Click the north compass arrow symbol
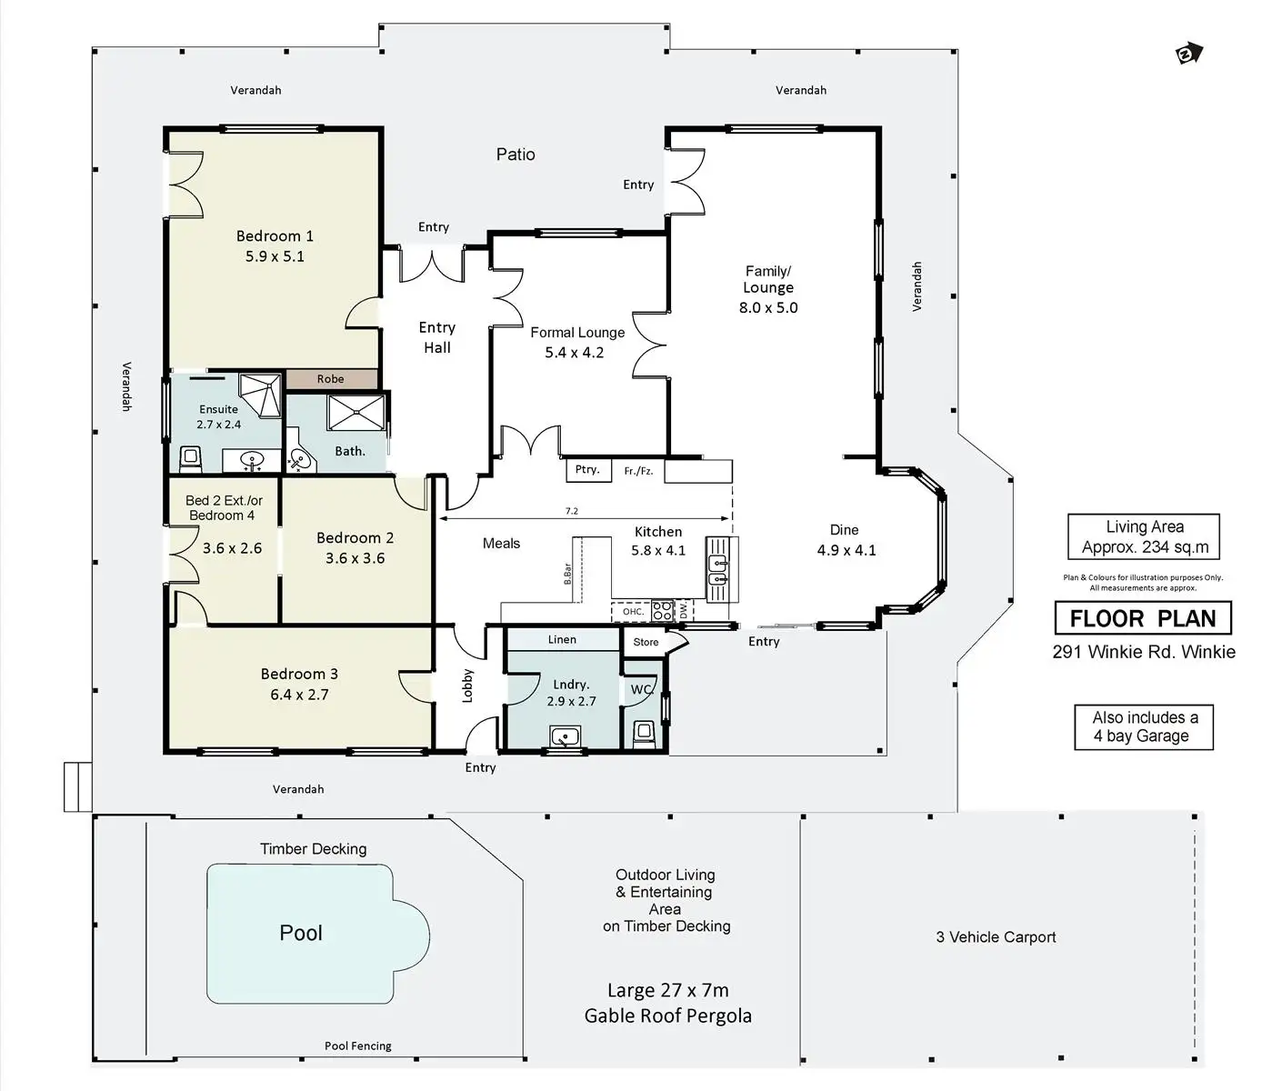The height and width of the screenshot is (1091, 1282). (x=1189, y=54)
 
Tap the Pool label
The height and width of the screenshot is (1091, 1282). (x=301, y=933)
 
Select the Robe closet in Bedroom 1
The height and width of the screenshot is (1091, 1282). (x=331, y=379)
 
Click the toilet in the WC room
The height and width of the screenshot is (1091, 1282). (x=643, y=735)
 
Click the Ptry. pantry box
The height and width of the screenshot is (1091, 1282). (x=588, y=469)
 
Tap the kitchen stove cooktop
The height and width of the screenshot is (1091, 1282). (x=663, y=611)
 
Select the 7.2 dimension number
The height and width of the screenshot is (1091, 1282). (x=572, y=511)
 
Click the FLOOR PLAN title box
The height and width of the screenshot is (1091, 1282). (x=1143, y=617)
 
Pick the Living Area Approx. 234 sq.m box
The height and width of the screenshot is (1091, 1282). (x=1144, y=536)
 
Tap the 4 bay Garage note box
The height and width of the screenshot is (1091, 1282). (x=1144, y=727)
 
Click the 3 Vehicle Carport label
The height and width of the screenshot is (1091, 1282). (x=997, y=936)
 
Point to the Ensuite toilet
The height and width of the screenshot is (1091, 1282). (x=190, y=458)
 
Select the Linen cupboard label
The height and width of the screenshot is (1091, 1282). (x=562, y=639)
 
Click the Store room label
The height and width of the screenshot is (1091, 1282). (x=646, y=642)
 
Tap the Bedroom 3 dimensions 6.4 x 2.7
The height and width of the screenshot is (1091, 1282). (x=299, y=695)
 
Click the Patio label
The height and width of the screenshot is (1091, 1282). (x=516, y=155)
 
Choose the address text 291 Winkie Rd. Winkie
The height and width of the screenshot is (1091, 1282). (x=1144, y=652)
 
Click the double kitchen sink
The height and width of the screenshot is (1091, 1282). (x=717, y=570)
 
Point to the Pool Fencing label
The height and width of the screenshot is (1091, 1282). (x=358, y=1046)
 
